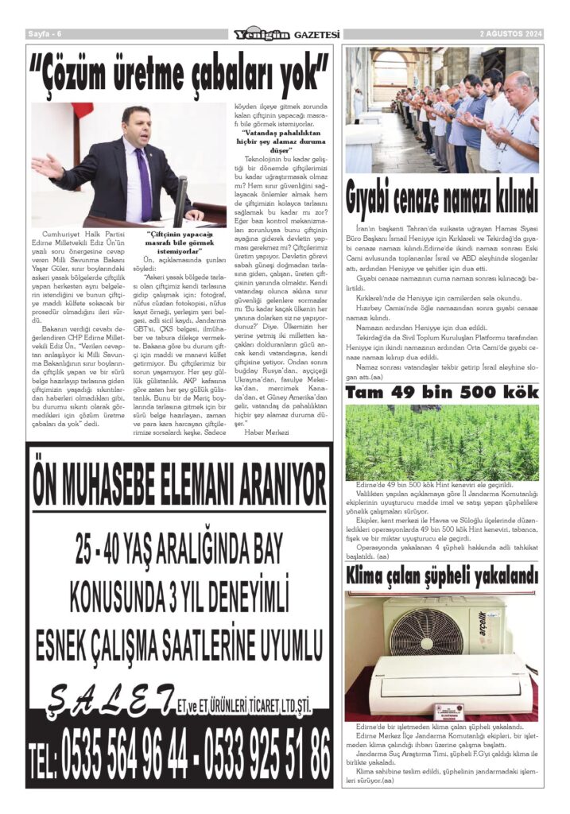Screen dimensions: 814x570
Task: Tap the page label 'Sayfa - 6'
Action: click(45, 34)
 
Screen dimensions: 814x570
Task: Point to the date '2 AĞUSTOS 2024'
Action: click(510, 34)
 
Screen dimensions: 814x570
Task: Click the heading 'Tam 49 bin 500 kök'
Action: click(442, 393)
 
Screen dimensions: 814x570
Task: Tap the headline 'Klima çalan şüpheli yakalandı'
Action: click(442, 575)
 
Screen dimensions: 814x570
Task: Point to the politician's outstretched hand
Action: click(47, 166)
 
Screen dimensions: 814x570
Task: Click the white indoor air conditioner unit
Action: click(448, 683)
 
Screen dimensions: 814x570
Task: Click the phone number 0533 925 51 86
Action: click(266, 752)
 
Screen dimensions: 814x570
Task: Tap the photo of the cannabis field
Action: click(442, 441)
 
